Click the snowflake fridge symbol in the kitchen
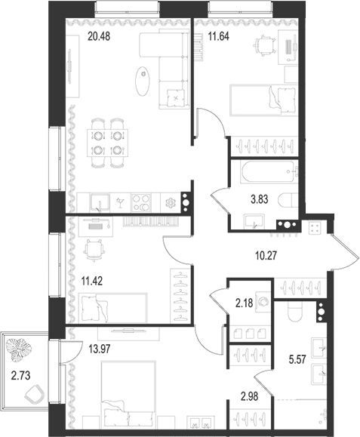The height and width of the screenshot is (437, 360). [x=170, y=202]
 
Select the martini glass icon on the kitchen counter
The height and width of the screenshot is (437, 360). [x=119, y=201]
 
